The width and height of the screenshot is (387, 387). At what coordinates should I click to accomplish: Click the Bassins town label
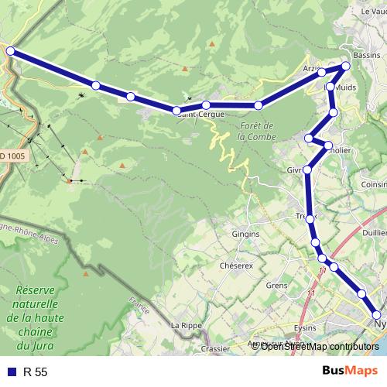point(366,57)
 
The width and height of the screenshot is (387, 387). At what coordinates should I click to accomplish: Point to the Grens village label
point(276,285)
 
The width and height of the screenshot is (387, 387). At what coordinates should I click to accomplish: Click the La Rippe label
point(186,325)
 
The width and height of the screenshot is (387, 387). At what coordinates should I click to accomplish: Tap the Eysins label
point(305,327)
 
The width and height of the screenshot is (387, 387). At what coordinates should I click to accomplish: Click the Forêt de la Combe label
point(257,131)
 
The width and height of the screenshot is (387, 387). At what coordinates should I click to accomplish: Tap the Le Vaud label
point(373,11)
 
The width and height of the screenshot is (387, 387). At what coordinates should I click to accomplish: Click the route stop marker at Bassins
point(346,66)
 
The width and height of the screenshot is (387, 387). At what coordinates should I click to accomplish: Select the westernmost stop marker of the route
point(10,51)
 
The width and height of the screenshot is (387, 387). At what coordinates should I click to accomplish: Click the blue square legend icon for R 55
point(10,372)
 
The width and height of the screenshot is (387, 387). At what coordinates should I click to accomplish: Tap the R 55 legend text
point(36,372)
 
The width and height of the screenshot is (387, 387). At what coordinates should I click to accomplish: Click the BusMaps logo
point(344,371)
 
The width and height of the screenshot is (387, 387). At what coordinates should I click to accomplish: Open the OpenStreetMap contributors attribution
point(320,346)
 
